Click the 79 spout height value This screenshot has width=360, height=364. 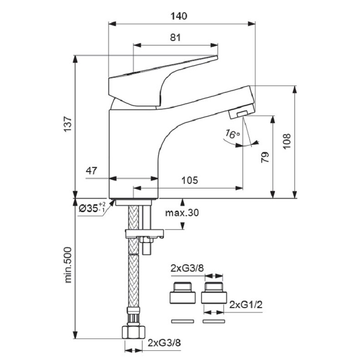(265, 157)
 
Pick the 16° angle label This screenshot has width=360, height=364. (232, 135)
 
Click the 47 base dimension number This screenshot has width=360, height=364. (91, 172)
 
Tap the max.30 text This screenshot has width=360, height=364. (182, 212)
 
